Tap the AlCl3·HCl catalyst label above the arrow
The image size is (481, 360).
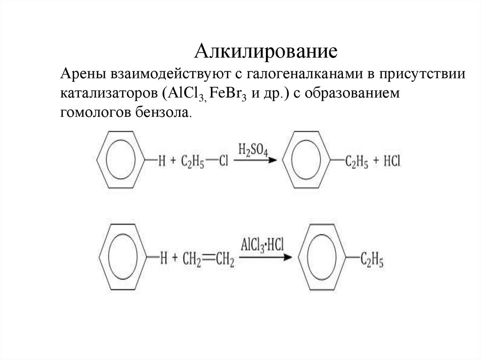coord(262,245)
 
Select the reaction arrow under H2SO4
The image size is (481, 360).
coord(254,161)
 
